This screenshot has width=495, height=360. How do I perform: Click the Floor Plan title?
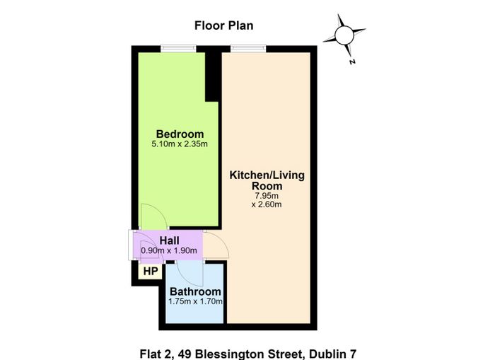(x=224, y=25)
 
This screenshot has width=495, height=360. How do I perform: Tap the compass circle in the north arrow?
(x=344, y=35)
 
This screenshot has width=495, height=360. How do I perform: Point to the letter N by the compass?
(x=352, y=62)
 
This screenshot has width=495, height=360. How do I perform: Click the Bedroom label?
(x=180, y=134)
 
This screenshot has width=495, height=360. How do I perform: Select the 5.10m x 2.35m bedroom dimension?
(x=180, y=144)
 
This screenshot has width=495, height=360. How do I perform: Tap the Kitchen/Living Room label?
(x=267, y=180)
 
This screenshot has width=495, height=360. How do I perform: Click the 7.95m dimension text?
(x=267, y=196)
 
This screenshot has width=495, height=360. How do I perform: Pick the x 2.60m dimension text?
(x=267, y=204)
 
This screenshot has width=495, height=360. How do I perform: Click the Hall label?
(x=170, y=240)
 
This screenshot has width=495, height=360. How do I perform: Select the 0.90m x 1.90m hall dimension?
(x=169, y=251)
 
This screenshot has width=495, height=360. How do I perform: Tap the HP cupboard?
(x=151, y=272)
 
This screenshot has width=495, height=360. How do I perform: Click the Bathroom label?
(x=195, y=291)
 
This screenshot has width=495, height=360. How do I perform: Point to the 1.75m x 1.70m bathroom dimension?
(x=195, y=301)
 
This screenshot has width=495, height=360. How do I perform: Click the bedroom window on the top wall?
(x=178, y=49)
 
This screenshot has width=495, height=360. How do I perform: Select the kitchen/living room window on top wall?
(x=248, y=48)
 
